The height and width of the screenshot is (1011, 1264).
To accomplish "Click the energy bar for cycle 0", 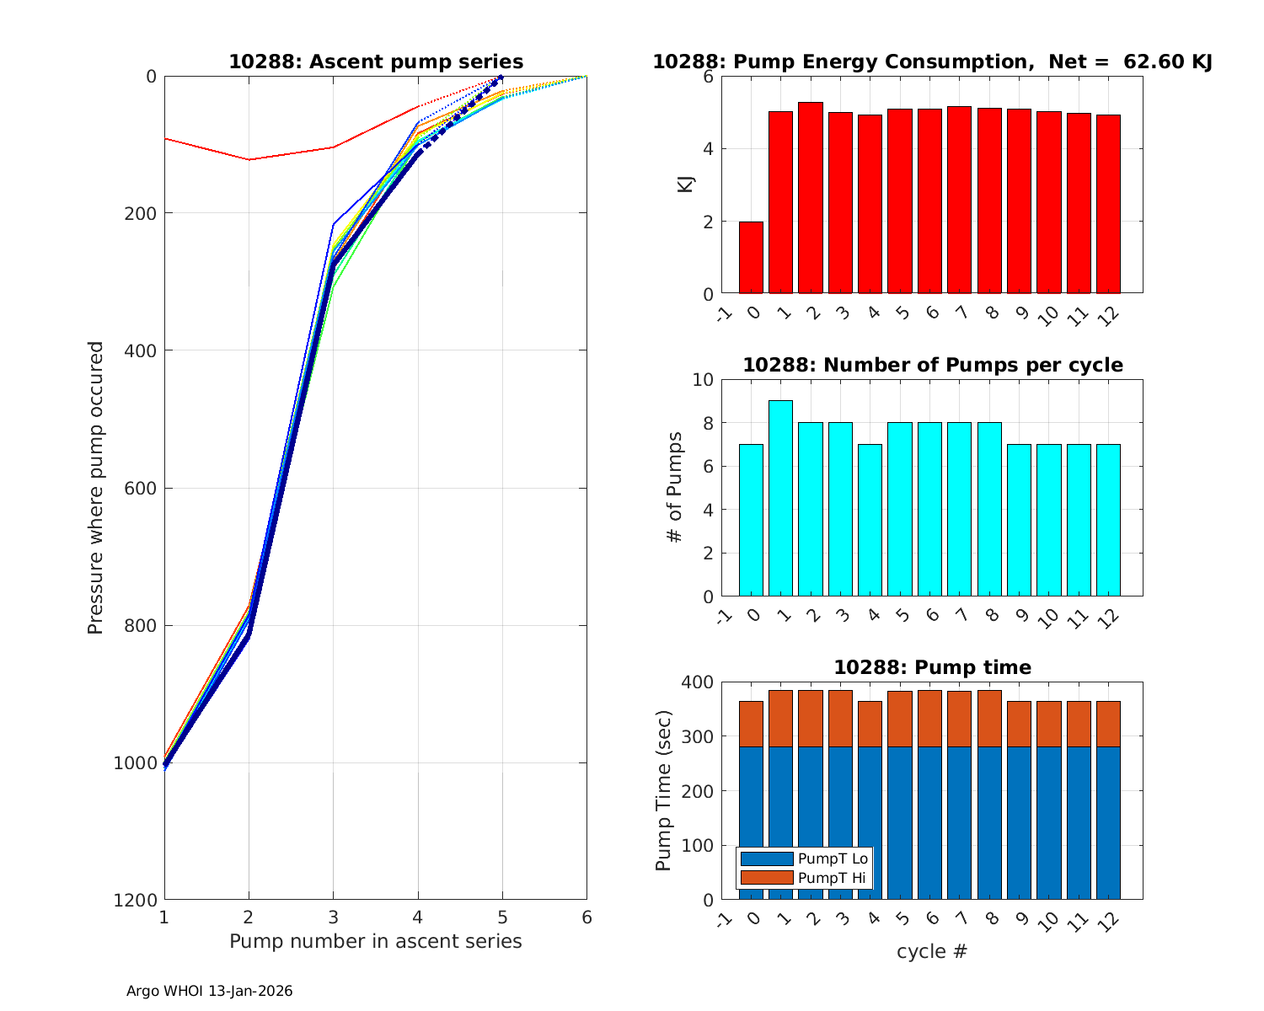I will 751,258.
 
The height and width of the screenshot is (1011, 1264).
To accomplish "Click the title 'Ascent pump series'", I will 376,62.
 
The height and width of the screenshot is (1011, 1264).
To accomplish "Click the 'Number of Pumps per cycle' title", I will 932,366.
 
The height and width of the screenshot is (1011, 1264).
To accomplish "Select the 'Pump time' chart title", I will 932,668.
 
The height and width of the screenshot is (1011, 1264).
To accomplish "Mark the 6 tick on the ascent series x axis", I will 586,917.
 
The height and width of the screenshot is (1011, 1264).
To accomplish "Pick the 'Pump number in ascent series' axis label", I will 376,942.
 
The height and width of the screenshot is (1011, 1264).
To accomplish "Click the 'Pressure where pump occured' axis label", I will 96,488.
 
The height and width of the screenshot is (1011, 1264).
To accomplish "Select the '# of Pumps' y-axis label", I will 675,488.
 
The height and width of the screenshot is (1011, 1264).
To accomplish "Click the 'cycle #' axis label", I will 932,952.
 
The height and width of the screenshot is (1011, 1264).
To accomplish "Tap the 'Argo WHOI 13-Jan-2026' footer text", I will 210,992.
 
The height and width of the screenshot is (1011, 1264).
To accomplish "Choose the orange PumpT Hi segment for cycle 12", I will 1108,724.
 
